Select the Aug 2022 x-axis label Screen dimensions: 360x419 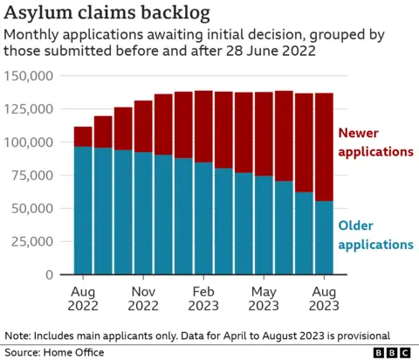point(83,298)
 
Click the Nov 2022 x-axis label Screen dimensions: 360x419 point(143,298)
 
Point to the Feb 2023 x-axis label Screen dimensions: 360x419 point(203,298)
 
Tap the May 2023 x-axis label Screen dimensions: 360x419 point(264,298)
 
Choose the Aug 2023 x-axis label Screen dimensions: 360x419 point(324,298)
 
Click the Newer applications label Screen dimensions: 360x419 point(374,142)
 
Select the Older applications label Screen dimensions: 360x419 point(374,236)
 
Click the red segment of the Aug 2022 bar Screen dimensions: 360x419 point(83,136)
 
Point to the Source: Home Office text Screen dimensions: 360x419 point(54,352)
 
